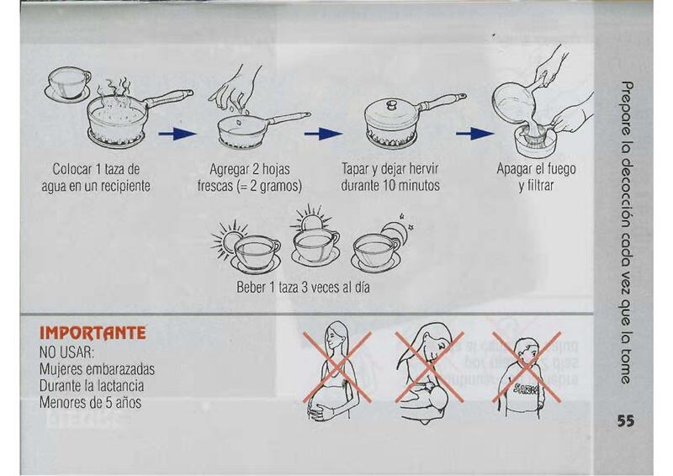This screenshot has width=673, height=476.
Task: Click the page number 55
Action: (x=626, y=420)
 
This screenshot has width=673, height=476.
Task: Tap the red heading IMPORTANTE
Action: (x=93, y=333)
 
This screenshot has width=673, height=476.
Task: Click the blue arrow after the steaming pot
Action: (x=178, y=134)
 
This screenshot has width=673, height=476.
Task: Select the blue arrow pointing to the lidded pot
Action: (x=323, y=134)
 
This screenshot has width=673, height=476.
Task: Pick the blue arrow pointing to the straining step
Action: (x=475, y=134)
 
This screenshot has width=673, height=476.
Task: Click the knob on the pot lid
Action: (x=391, y=104)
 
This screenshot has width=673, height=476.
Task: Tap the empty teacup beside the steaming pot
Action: (x=67, y=85)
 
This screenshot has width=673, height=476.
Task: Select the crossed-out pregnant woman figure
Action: (x=337, y=371)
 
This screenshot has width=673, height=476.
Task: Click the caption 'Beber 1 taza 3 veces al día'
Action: (x=303, y=287)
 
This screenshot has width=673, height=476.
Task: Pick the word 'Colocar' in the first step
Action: (x=72, y=169)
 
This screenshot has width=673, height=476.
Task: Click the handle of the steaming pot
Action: (x=170, y=98)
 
